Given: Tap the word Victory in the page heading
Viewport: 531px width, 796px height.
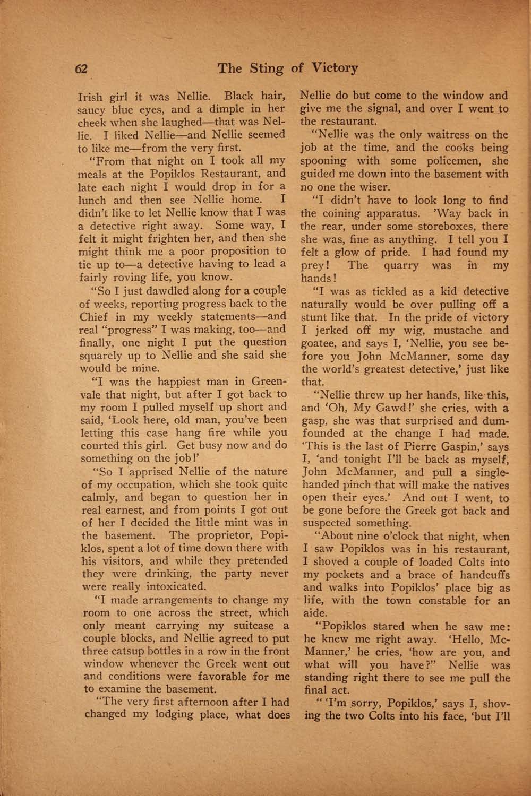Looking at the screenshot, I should tap(335, 68).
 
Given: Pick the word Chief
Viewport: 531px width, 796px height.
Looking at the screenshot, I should tap(94, 317).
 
